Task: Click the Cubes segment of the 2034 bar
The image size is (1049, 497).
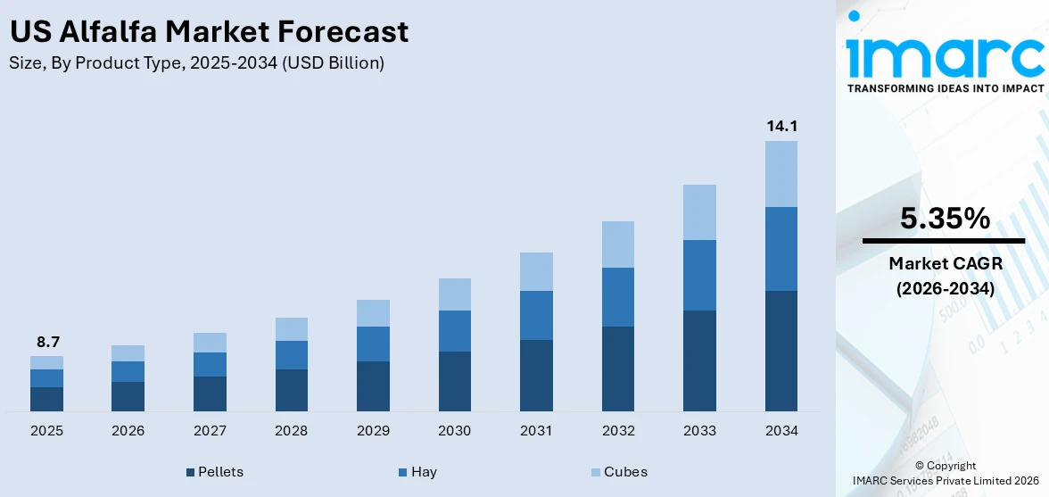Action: click(781, 174)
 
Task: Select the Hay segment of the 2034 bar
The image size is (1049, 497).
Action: click(781, 249)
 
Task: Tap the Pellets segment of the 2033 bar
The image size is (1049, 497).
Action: click(699, 360)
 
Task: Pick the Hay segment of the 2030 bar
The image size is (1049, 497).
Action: click(454, 331)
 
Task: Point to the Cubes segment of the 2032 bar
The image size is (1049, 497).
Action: click(617, 244)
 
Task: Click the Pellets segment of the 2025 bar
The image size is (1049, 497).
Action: click(46, 399)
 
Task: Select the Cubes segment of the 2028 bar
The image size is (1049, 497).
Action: click(291, 329)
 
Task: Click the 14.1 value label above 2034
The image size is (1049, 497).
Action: click(781, 127)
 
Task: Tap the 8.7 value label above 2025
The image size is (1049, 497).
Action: click(47, 342)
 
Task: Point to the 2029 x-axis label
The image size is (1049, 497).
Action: click(373, 431)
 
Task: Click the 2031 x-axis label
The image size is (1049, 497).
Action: click(536, 431)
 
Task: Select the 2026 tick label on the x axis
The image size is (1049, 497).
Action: click(128, 431)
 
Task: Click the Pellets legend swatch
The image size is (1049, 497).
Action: click(190, 472)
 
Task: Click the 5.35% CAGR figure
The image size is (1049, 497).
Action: click(945, 219)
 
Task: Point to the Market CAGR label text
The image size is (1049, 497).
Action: click(945, 263)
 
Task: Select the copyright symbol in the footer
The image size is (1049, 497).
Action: click(919, 466)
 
